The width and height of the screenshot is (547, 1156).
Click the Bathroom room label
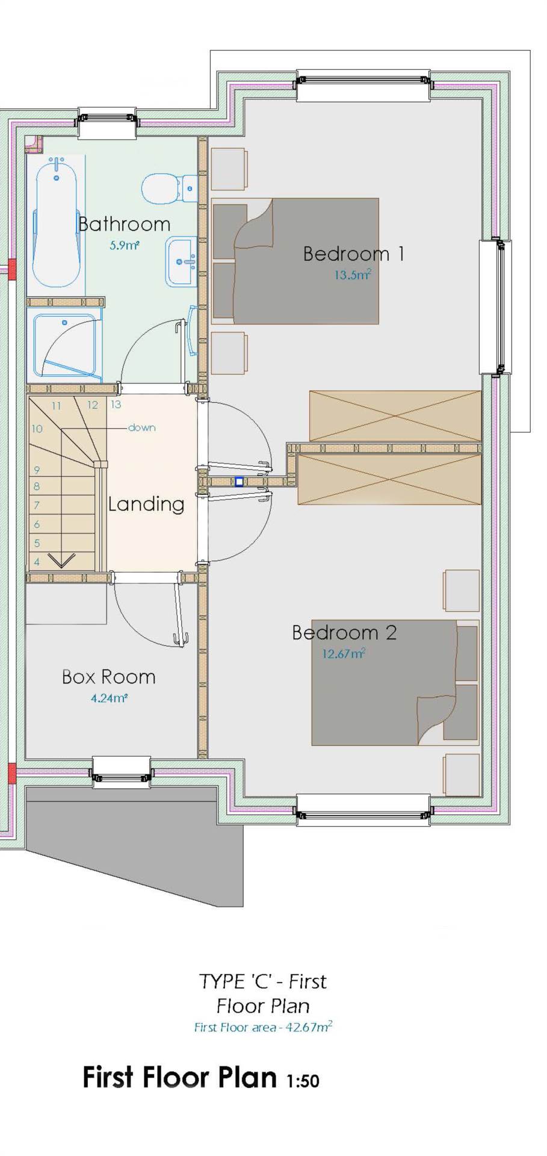coord(125,224)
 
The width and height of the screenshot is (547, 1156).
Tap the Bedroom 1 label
coord(353,253)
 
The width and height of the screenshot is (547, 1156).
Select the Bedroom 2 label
coord(344,632)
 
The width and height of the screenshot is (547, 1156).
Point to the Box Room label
coord(109,677)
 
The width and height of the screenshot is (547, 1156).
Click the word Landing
coord(146,505)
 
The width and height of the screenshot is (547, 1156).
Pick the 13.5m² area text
coord(353,275)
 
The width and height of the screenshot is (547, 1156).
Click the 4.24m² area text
coord(109,698)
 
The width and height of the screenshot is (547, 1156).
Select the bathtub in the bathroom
coord(57,221)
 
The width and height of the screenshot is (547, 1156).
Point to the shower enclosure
coord(64,346)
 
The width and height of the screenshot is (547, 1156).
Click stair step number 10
coord(37,429)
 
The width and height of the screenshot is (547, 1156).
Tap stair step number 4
coord(37,562)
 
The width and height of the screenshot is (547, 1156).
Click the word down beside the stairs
coord(141,427)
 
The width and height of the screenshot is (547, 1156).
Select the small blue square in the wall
coord(240,482)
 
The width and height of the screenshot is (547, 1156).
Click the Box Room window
coord(121,772)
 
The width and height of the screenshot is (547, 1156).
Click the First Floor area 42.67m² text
coord(263,1027)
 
